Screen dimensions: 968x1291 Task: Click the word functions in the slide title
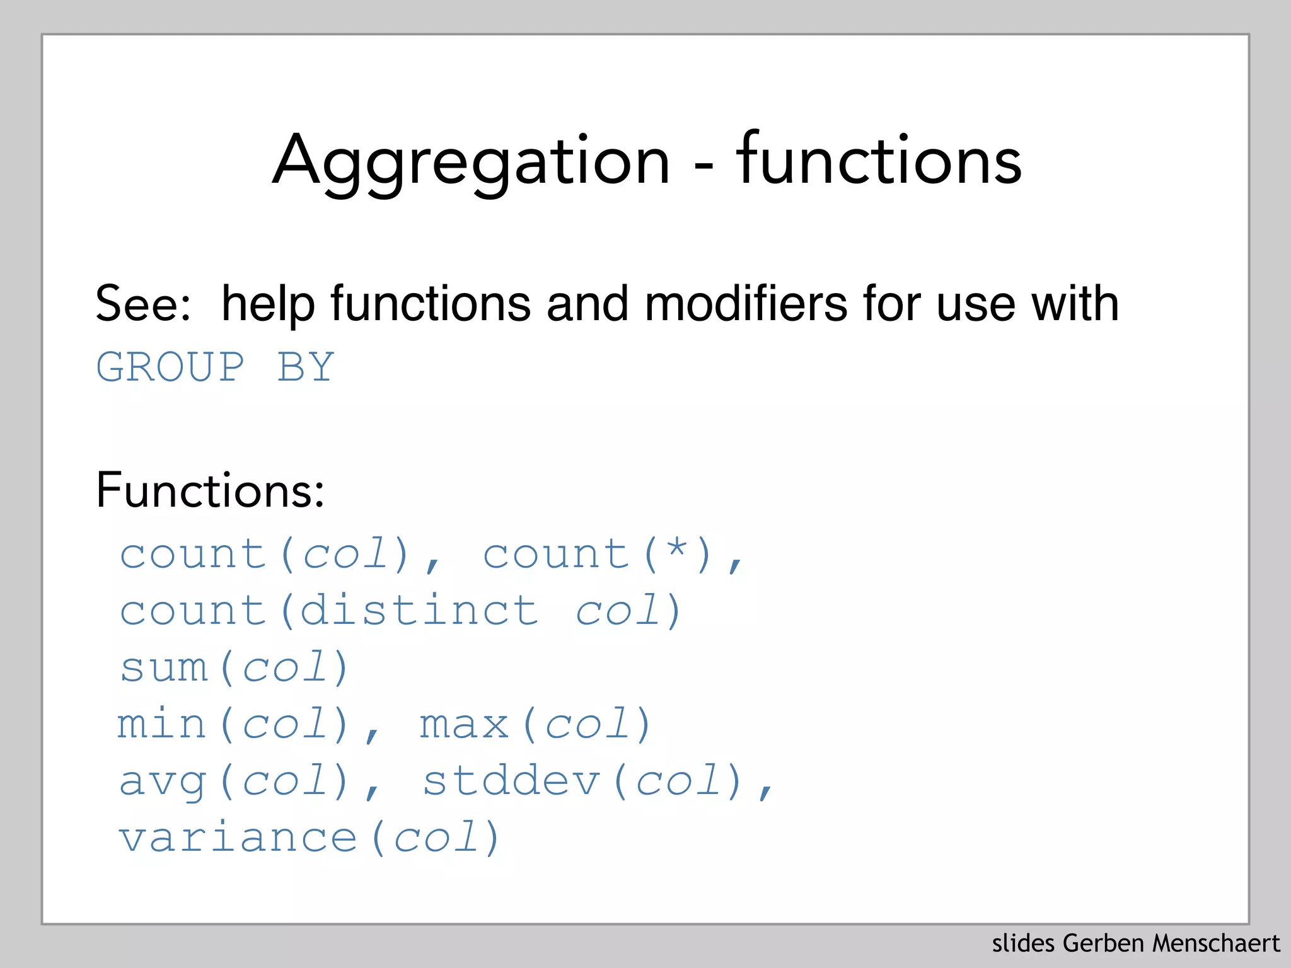[879, 160]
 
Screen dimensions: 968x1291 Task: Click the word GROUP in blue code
[170, 367]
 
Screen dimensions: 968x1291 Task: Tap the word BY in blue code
[306, 367]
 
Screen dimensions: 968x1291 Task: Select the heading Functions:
[210, 490]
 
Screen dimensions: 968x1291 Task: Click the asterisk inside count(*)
[677, 550]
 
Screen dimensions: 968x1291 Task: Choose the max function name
[464, 725]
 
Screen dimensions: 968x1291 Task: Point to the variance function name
[238, 838]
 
